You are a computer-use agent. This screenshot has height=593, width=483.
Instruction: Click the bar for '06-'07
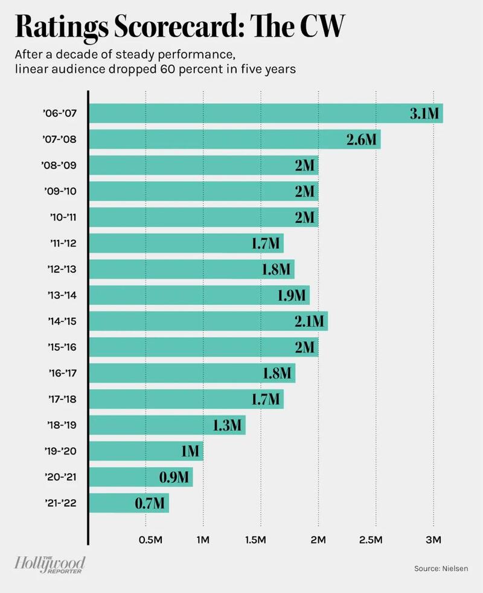point(266,113)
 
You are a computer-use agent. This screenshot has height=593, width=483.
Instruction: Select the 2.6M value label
point(363,140)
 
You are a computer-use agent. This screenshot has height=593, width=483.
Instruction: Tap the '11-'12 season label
point(62,244)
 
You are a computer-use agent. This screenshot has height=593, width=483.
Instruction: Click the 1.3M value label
point(228,425)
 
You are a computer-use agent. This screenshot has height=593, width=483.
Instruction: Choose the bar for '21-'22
point(130,502)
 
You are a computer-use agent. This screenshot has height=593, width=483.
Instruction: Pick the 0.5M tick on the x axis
point(147,539)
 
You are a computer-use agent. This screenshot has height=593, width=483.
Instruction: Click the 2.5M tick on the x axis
point(375,539)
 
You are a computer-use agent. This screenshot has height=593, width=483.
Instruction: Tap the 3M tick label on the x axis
point(433,539)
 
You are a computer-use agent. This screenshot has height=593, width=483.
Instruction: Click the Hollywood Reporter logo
point(51,565)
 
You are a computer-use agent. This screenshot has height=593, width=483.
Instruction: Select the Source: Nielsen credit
point(441,569)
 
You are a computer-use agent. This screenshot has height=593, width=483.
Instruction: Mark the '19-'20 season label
point(62,450)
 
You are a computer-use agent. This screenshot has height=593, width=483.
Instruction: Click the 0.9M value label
point(175,477)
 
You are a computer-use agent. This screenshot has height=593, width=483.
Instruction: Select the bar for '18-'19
point(168,425)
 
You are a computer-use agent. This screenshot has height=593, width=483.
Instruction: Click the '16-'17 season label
point(62,373)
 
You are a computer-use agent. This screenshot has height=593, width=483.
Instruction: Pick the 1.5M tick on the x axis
point(261,539)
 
